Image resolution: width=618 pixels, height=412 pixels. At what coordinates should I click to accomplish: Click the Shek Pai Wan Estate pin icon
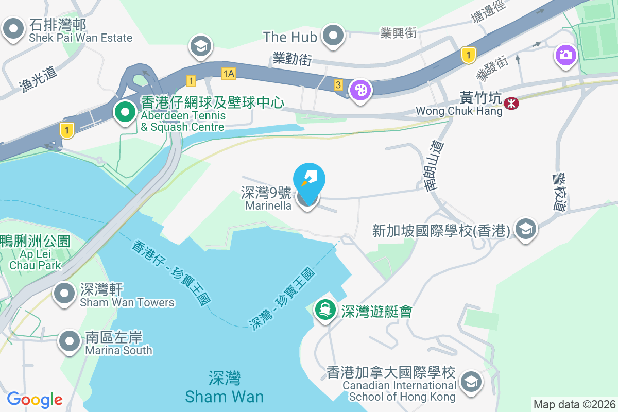(x=13, y=29)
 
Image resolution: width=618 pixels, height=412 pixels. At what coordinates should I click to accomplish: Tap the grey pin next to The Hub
(x=334, y=36)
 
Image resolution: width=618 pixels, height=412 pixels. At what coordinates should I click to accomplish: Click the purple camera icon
(x=565, y=54)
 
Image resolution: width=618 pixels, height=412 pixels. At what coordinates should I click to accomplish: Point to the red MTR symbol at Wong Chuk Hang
(x=511, y=104)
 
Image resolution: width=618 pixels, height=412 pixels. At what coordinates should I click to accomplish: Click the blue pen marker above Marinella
(x=309, y=178)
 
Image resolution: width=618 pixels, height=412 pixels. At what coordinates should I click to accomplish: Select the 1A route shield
(x=229, y=74)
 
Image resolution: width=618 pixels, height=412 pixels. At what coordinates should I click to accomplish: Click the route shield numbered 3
(x=338, y=84)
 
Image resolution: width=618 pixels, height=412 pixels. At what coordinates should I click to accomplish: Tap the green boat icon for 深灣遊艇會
(x=325, y=311)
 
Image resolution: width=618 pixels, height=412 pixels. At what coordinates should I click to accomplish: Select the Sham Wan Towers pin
(x=64, y=294)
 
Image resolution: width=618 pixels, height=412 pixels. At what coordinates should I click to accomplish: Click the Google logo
(x=35, y=399)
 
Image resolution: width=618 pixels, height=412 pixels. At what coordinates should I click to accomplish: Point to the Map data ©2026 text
(x=574, y=404)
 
